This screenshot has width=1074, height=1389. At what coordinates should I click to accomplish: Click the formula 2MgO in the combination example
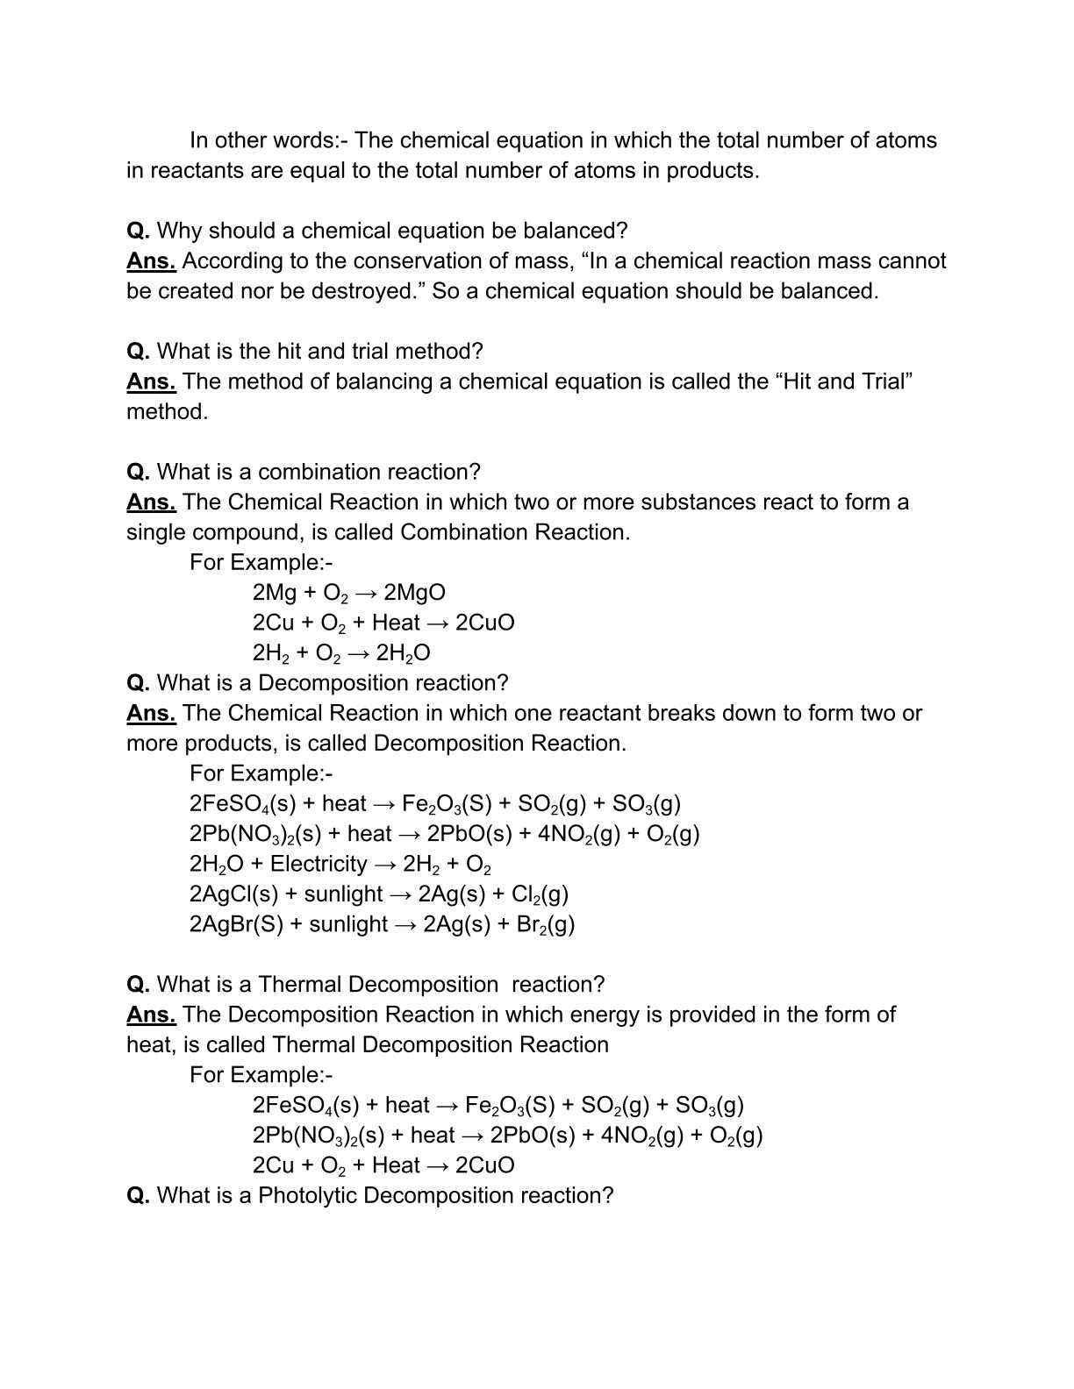tap(414, 593)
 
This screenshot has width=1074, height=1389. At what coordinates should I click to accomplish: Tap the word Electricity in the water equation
tap(319, 865)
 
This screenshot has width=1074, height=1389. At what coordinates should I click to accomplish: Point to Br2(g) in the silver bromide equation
tap(546, 924)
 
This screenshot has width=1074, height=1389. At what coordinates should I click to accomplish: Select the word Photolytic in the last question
tap(307, 1196)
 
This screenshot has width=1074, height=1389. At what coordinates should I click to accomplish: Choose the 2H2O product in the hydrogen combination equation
tap(403, 653)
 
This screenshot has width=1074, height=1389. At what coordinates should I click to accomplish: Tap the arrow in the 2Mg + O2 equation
tap(366, 593)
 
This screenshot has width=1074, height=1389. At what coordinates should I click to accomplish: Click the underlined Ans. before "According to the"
tap(151, 261)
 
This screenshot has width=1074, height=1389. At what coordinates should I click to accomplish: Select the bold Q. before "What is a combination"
tap(139, 473)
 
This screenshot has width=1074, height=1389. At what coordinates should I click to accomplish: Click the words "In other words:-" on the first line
tap(268, 141)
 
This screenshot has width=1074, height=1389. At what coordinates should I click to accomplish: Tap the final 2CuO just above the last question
tap(484, 1165)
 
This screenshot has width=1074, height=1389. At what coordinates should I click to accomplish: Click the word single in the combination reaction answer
tap(155, 533)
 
